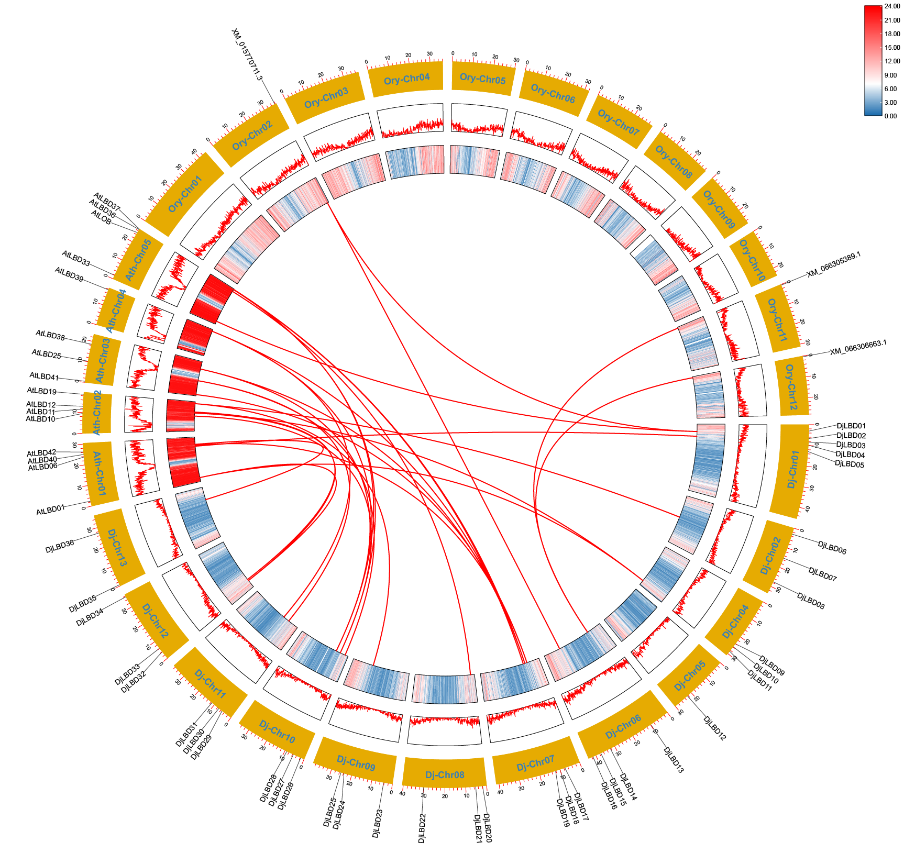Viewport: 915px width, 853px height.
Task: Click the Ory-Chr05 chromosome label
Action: point(482,79)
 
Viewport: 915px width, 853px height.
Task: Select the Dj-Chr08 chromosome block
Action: point(445,774)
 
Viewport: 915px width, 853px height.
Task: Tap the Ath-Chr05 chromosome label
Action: point(138,259)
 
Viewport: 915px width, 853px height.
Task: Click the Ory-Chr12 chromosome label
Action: point(791,387)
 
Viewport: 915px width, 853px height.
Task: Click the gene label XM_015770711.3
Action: point(247,54)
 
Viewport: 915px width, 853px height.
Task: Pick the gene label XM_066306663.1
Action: point(858,347)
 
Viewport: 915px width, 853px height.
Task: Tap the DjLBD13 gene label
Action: point(674,760)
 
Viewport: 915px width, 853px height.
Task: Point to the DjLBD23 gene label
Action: point(377,824)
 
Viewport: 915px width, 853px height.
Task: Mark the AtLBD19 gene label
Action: point(42,391)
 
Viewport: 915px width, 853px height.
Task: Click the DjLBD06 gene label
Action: point(832,547)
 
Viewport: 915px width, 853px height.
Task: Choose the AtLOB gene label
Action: point(101,217)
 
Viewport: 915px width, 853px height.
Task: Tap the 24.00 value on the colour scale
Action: point(892,6)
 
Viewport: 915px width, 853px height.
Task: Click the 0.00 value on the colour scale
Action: point(890,116)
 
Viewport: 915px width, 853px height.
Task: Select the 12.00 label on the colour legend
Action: point(892,61)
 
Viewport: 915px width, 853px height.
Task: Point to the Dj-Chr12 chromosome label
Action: point(156,621)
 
